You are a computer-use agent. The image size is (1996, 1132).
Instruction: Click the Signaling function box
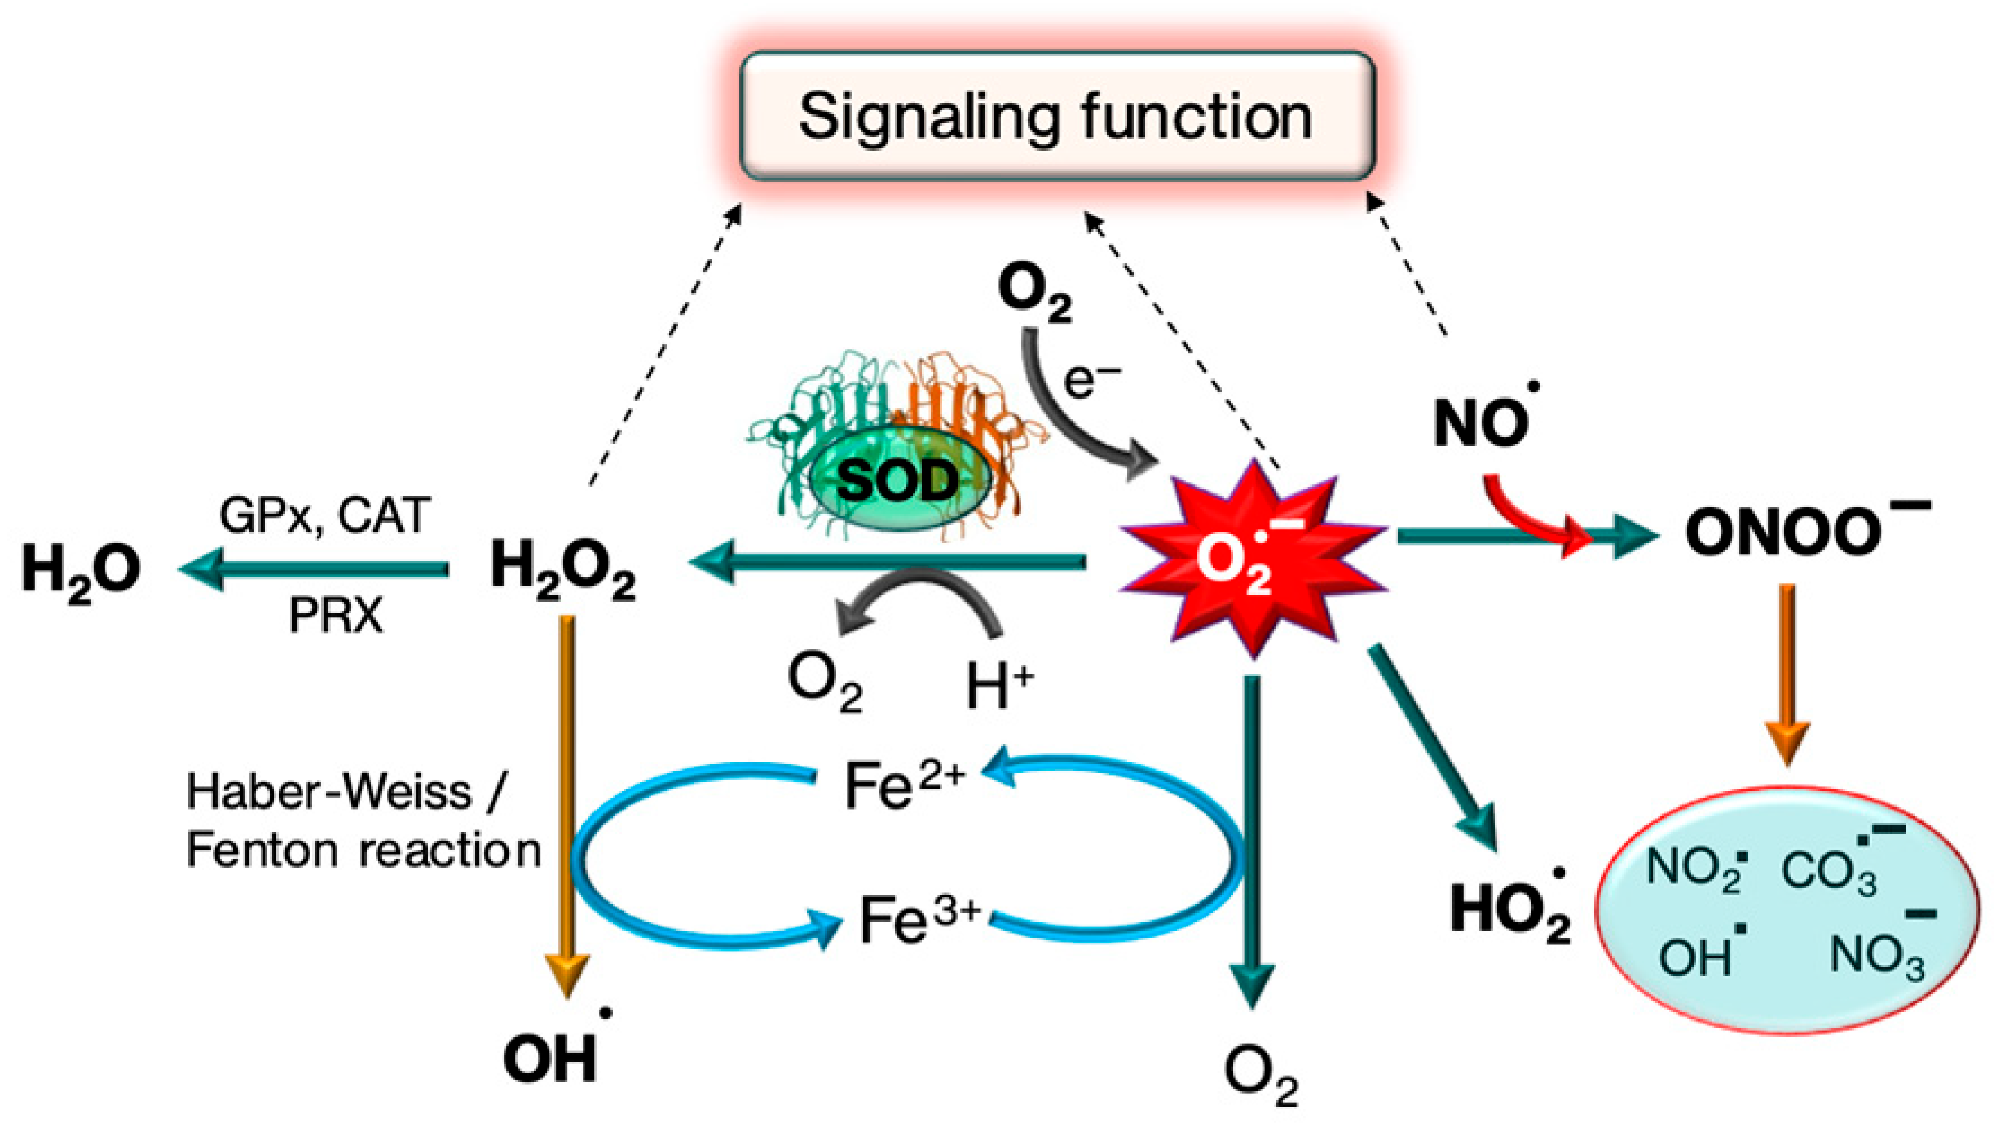(1056, 117)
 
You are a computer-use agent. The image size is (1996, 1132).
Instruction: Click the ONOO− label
(1796, 533)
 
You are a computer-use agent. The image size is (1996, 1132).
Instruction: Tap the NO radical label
(1481, 424)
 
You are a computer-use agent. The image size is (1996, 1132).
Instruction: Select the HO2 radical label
(1509, 910)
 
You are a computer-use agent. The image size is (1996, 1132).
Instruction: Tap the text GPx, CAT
(324, 515)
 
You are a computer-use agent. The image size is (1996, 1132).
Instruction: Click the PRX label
(336, 617)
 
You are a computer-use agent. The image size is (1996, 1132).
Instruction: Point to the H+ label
(999, 684)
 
